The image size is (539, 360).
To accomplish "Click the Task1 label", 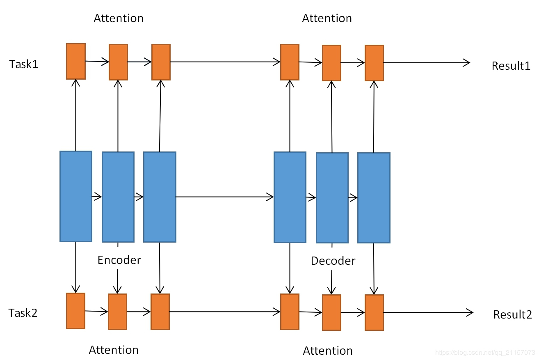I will click(x=24, y=64).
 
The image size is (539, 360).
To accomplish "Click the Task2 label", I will click(x=23, y=313).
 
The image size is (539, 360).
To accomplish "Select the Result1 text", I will click(x=511, y=66).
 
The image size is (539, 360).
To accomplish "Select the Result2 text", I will click(x=513, y=314).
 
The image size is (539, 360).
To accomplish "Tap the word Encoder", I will click(x=119, y=260).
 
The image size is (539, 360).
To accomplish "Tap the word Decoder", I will click(x=333, y=261).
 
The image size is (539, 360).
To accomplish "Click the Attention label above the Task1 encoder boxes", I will click(x=119, y=18).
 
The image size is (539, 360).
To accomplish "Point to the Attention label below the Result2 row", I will click(x=328, y=351).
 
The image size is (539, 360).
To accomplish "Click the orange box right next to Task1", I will click(x=76, y=61).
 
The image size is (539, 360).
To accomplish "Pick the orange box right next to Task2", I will click(x=75, y=311).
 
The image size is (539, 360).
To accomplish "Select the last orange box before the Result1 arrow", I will click(x=374, y=63).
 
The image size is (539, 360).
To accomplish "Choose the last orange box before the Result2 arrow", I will click(x=374, y=312).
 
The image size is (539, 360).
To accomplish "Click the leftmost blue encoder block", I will click(x=76, y=196).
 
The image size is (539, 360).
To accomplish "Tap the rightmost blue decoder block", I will click(x=374, y=198).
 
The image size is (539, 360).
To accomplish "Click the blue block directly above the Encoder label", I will click(x=118, y=197).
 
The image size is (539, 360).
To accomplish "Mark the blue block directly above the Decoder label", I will click(x=332, y=198).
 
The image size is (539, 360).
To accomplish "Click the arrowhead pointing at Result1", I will click(x=467, y=63).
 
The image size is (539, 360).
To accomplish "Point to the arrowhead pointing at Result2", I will click(x=470, y=312).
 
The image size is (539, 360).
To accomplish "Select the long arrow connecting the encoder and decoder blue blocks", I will click(x=225, y=197).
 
